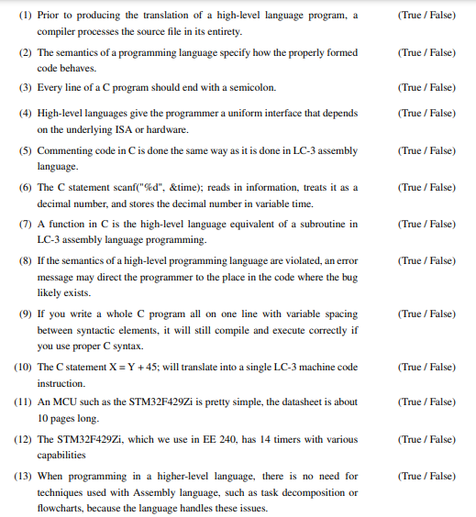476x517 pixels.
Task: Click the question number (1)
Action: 24,16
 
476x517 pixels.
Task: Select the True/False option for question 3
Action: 427,87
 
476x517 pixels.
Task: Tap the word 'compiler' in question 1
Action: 57,31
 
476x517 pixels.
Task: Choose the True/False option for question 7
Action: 427,224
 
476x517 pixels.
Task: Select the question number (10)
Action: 22,367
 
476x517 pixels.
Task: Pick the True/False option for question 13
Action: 427,476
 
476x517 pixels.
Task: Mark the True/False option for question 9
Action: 427,313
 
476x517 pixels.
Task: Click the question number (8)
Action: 24,260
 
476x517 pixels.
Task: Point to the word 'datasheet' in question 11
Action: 284,402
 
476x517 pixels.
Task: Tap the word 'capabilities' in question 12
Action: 61,455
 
